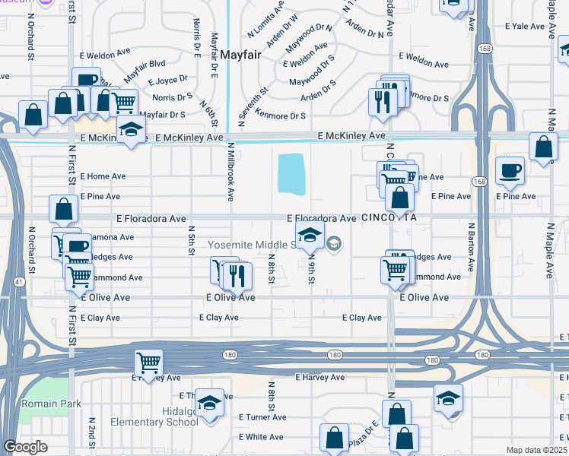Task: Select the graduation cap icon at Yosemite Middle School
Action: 310,237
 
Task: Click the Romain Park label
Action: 51,404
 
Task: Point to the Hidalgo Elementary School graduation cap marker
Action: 209,404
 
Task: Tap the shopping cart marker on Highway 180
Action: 149,363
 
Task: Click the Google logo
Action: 25,447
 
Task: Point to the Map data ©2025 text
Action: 536,450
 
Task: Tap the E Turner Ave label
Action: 262,417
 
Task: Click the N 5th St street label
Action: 191,242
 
